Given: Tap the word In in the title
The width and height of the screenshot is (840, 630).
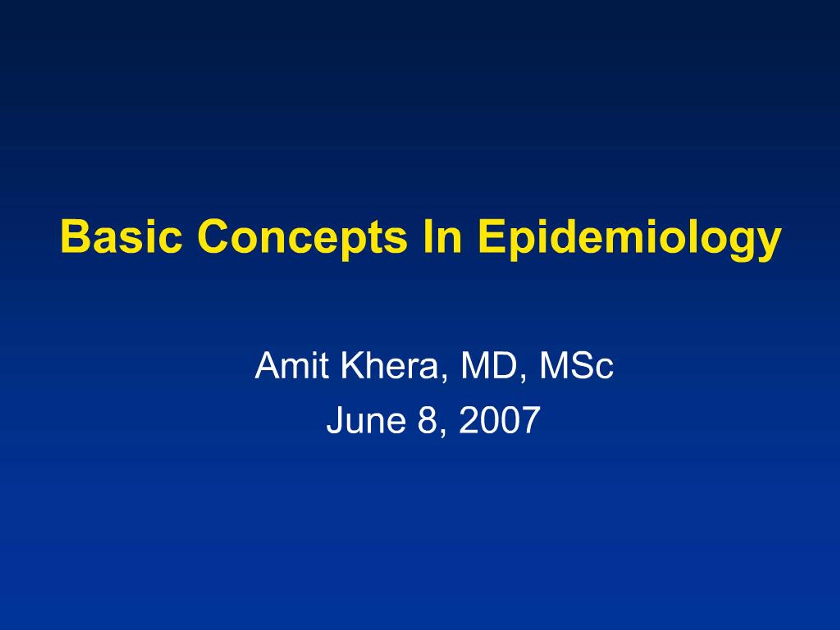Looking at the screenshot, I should (442, 236).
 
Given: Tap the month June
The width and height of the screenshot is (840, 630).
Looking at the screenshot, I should (366, 420).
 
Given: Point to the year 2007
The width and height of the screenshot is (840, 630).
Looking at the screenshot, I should (499, 420).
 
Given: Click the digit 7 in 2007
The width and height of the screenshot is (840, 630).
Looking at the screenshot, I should (529, 420).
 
